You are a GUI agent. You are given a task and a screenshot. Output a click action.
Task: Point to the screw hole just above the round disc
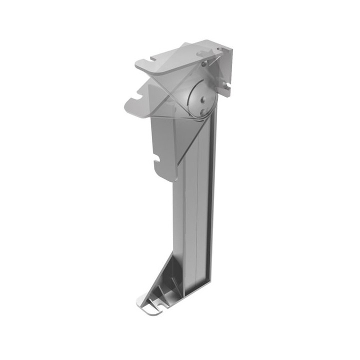203,63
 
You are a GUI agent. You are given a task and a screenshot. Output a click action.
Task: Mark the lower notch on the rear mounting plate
226,86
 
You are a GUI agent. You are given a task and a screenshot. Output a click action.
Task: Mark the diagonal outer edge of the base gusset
159,277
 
